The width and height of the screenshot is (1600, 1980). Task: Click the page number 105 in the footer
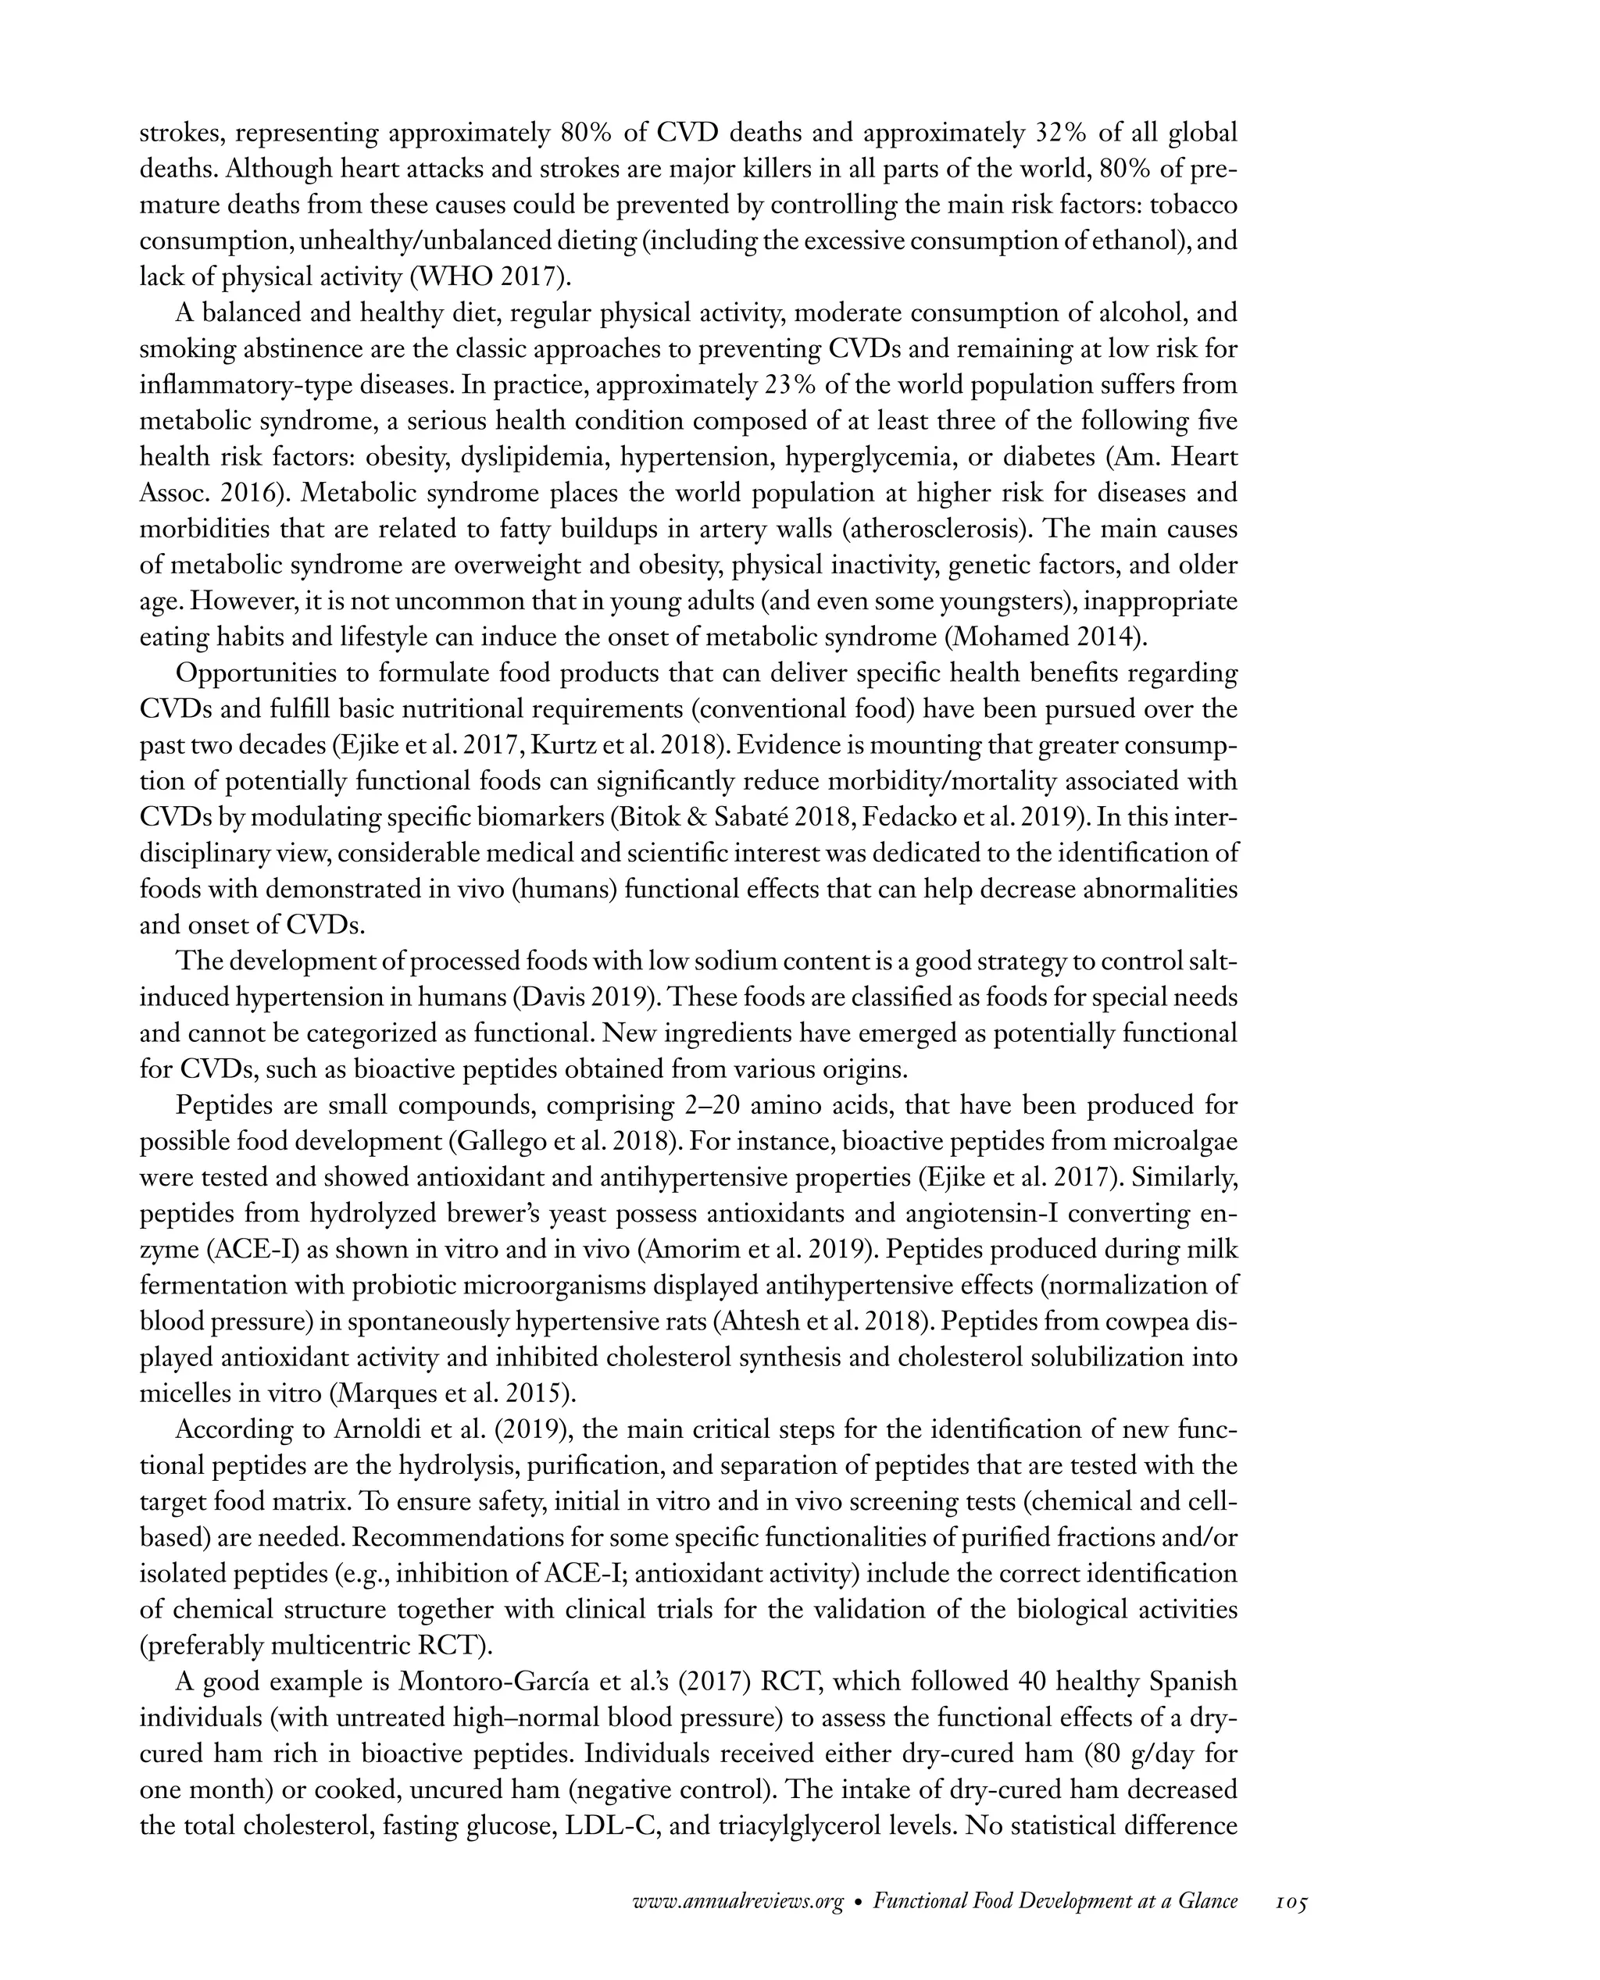pyautogui.click(x=1291, y=1902)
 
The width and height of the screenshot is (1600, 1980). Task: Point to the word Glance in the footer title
pyautogui.click(x=1207, y=1902)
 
